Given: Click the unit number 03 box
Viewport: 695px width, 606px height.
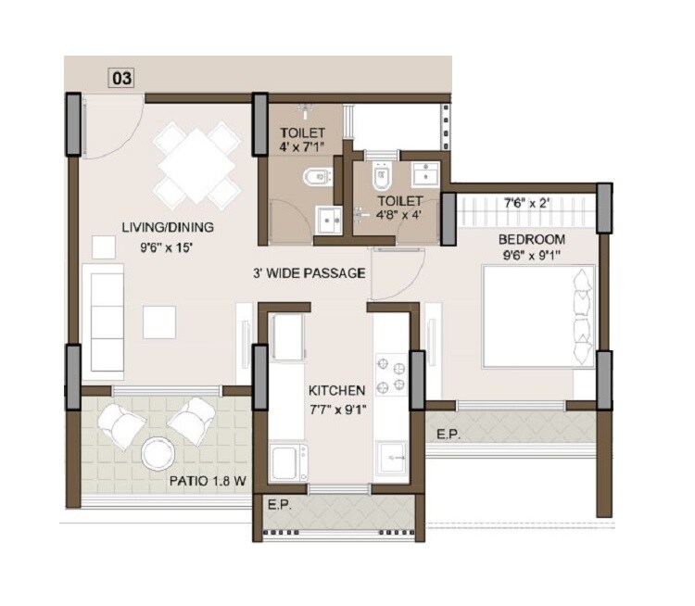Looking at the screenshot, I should pyautogui.click(x=122, y=79).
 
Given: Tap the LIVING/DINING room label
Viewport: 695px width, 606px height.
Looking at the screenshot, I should pyautogui.click(x=168, y=228).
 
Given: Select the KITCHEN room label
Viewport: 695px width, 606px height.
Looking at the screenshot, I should pyautogui.click(x=336, y=390).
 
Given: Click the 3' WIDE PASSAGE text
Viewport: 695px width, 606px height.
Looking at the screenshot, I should pyautogui.click(x=310, y=273).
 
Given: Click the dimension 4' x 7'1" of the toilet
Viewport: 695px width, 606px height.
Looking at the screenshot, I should pyautogui.click(x=302, y=145).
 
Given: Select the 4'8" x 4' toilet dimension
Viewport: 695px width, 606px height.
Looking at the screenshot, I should pyautogui.click(x=398, y=216).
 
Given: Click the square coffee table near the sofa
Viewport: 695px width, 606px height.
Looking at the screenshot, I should pyautogui.click(x=158, y=321).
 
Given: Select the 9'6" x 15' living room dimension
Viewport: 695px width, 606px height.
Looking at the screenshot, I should pyautogui.click(x=168, y=246).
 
